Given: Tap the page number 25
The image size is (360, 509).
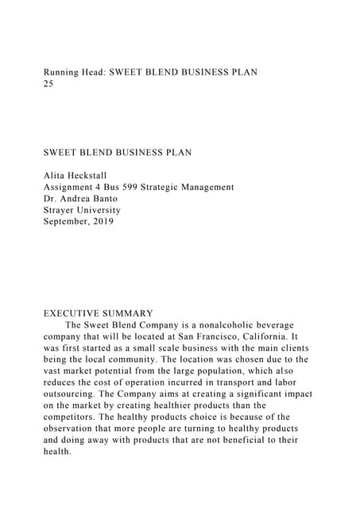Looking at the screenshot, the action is [48, 83].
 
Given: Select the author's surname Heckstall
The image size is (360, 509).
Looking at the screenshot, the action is [100, 176].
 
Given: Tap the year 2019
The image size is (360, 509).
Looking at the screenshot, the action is [102, 221].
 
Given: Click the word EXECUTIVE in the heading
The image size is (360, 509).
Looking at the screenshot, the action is [73, 313].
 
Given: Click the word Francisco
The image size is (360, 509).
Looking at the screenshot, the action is [236, 336].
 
